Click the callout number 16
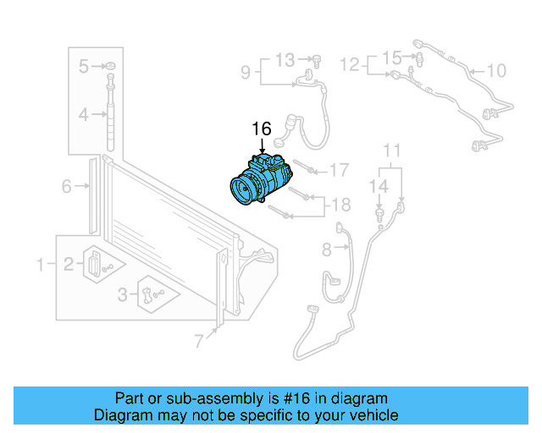click(x=261, y=129)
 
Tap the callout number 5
click(x=84, y=66)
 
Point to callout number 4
click(x=84, y=114)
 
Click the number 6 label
click(x=66, y=187)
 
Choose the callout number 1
click(x=40, y=266)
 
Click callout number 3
click(x=123, y=294)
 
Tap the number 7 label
click(x=199, y=341)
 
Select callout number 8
click(x=327, y=249)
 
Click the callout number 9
click(x=245, y=73)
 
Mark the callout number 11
click(x=391, y=151)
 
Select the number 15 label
click(x=390, y=58)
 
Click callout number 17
click(x=339, y=171)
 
